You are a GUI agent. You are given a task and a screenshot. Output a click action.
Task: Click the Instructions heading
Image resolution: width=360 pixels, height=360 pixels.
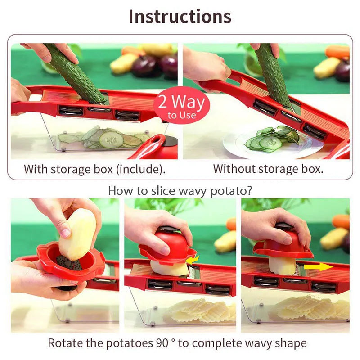point(180,16)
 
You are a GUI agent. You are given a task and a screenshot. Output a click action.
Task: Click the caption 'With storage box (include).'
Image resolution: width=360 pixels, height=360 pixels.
point(94,169)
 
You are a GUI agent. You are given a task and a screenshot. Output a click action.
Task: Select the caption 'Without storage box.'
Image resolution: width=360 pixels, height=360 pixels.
point(268,169)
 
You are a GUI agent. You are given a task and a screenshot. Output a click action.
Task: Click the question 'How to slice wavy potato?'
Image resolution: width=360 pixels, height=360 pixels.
point(180,190)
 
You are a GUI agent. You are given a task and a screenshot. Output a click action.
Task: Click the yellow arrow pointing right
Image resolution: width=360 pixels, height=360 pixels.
point(318,267)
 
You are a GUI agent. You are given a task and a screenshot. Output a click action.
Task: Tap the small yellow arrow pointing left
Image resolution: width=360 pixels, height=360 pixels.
point(193,260)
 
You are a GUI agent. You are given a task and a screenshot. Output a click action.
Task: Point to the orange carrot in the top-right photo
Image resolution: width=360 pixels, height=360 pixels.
point(337,51)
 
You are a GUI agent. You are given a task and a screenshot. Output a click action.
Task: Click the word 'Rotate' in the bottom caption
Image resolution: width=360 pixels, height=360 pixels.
point(64,343)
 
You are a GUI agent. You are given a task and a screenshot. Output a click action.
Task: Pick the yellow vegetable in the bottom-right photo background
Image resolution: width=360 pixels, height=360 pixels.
point(333,238)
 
